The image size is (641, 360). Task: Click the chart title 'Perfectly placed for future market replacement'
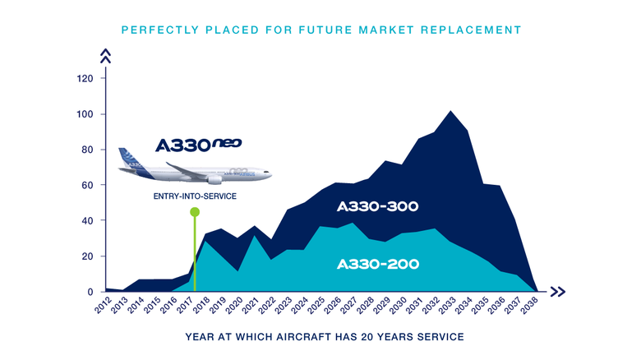[x=320, y=30]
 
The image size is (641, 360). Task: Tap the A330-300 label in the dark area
[x=378, y=207]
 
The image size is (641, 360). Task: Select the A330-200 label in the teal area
[x=378, y=265]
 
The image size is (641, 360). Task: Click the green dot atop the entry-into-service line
[x=195, y=212]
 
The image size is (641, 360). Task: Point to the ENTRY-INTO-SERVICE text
[x=195, y=197]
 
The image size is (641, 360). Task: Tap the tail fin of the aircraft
[x=126, y=156]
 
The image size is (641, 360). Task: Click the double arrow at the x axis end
[x=558, y=292]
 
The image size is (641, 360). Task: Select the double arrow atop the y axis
[x=104, y=56]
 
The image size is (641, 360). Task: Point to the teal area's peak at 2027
[x=353, y=224]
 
